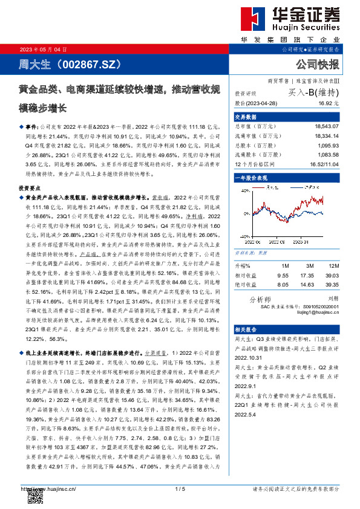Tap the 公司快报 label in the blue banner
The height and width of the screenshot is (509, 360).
coord(317,64)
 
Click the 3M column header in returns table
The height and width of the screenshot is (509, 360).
coord(309,266)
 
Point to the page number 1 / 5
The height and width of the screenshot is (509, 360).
coord(180,488)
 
